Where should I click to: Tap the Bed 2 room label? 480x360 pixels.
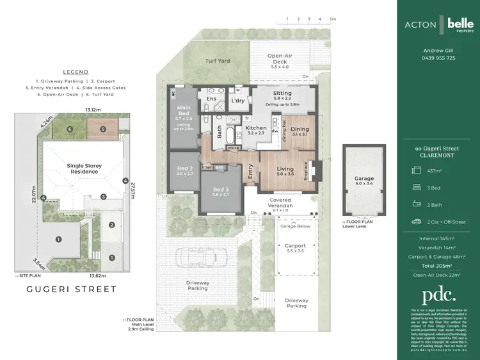(184, 170)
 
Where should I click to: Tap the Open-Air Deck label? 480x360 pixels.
(280, 59)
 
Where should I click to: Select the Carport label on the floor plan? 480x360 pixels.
(295, 246)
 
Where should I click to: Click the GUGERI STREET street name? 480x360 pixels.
(71, 289)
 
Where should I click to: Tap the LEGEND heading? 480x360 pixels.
(76, 72)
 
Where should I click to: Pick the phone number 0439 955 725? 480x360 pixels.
(438, 58)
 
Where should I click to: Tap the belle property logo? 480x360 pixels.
(460, 24)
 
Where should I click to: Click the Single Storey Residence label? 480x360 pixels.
(84, 168)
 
